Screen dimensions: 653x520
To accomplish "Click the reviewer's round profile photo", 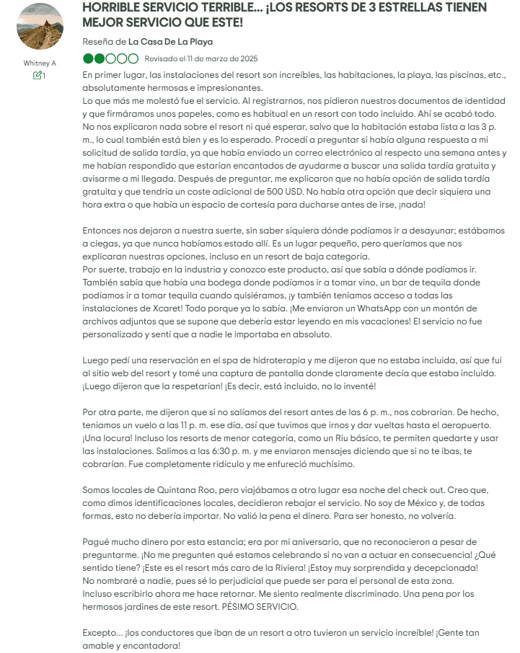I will coord(39,26).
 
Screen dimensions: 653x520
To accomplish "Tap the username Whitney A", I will coord(39,63).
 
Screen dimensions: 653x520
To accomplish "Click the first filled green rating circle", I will coord(88,58).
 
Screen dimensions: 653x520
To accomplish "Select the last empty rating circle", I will coord(134,58).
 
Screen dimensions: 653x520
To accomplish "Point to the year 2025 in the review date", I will coord(247,58).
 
